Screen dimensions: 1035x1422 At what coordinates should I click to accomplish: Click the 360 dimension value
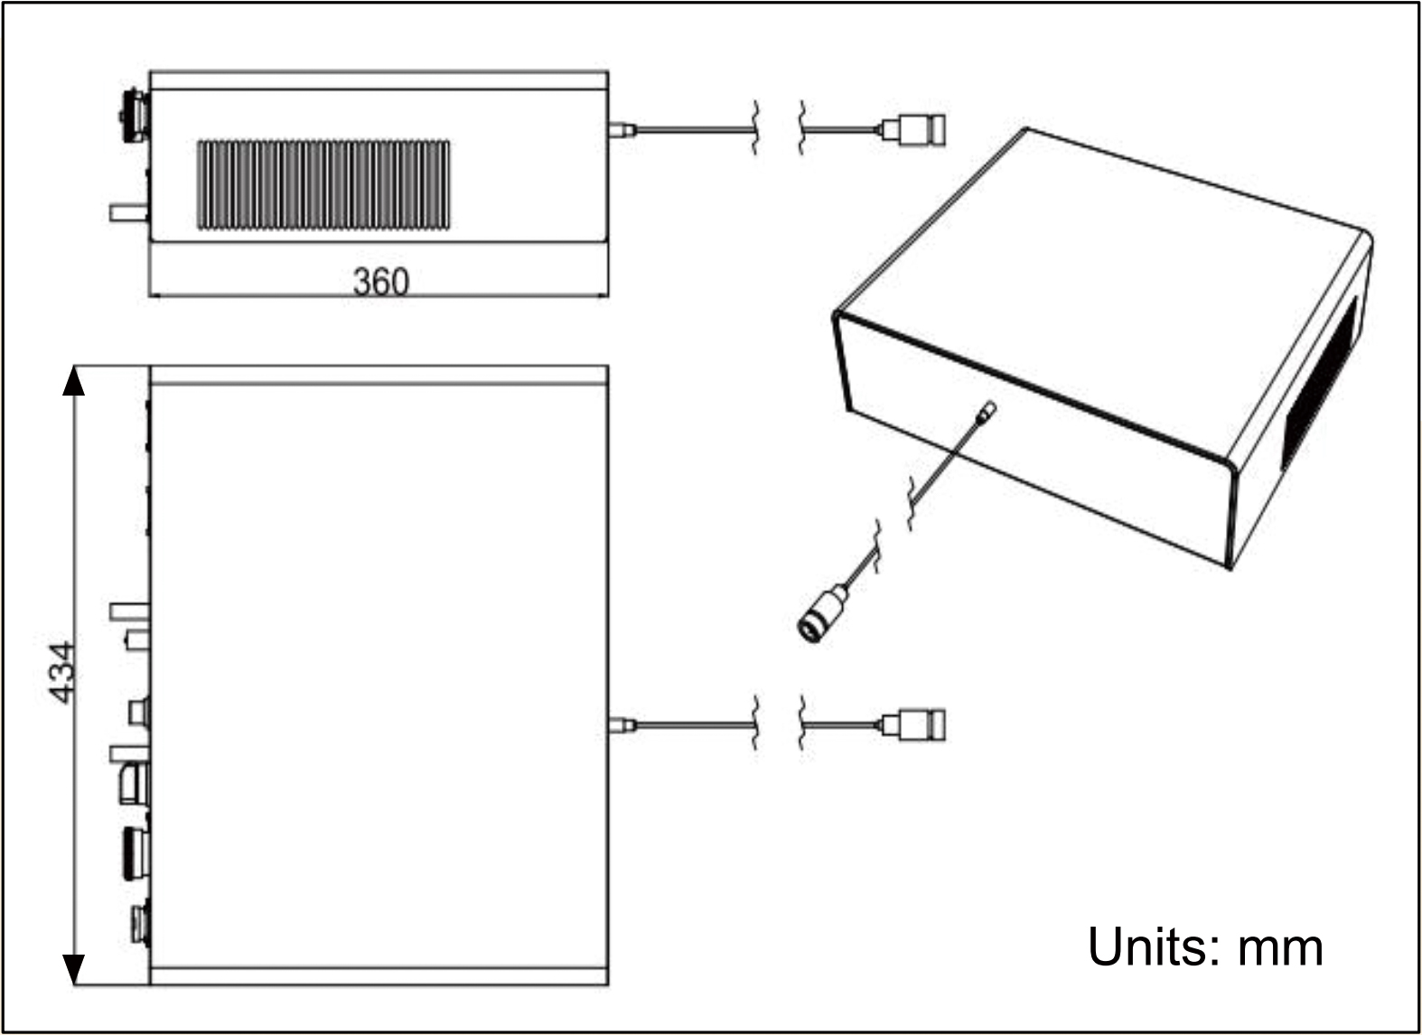click(x=380, y=282)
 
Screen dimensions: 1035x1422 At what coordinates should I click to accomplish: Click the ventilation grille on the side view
click(x=323, y=184)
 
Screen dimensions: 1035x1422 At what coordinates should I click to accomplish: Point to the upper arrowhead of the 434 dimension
click(x=73, y=381)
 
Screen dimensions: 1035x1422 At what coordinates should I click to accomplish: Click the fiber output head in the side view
click(x=913, y=129)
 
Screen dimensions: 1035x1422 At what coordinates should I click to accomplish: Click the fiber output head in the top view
click(x=913, y=723)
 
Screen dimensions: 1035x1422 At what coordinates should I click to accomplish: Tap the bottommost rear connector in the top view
click(x=139, y=923)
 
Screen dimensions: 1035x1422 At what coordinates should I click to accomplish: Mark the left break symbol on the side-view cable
click(x=755, y=129)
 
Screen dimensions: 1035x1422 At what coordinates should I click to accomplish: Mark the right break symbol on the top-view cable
click(x=802, y=723)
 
